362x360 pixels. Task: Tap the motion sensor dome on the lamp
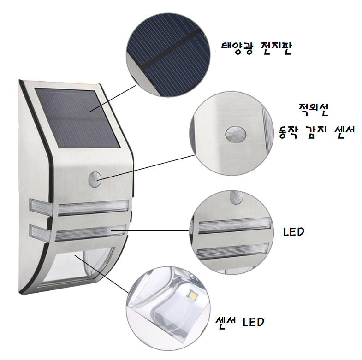(x=95, y=179)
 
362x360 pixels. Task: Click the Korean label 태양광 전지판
(x=256, y=48)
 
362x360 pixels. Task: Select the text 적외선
(x=313, y=110)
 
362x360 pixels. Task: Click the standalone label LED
(x=294, y=232)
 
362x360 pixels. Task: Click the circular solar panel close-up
(x=168, y=55)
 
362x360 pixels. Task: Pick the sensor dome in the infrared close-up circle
(x=236, y=134)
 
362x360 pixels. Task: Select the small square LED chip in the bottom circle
(x=193, y=295)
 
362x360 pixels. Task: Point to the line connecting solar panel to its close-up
(x=113, y=98)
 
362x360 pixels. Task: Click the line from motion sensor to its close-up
(x=146, y=167)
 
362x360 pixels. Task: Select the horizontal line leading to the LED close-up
(x=150, y=230)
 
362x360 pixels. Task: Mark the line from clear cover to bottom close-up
(x=101, y=274)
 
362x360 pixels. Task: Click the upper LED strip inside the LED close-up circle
(x=234, y=225)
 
